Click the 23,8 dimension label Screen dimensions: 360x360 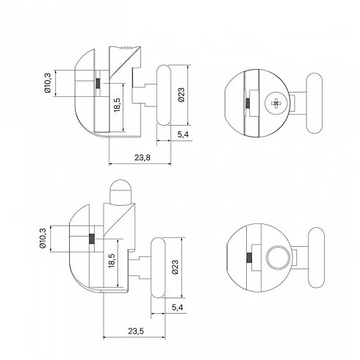tap(143, 157)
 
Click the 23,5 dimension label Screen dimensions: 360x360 tap(136, 331)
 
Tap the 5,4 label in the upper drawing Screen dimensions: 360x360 tap(183, 134)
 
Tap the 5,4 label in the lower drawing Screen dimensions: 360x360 tap(177, 307)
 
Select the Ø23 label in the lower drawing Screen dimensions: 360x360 tap(176, 267)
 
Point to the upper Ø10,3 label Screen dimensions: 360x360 tap(48, 83)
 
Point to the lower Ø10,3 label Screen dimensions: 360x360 tap(43, 238)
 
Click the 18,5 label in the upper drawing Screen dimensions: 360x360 tap(118, 105)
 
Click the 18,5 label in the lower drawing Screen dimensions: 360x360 tap(112, 261)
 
